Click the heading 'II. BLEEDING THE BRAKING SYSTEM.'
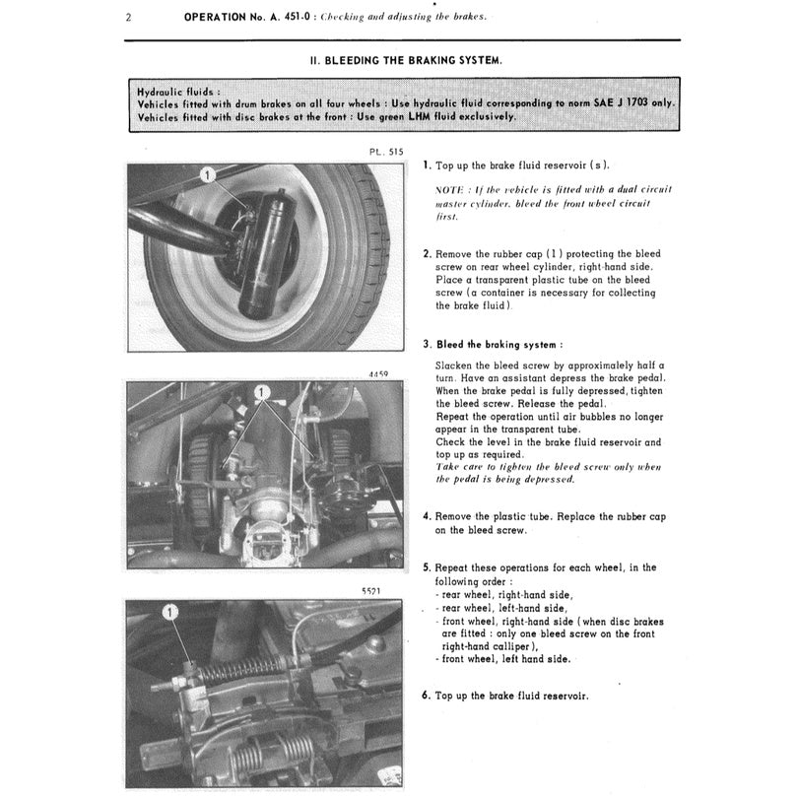click(406, 60)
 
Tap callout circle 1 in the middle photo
click(262, 392)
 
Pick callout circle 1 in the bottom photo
click(170, 613)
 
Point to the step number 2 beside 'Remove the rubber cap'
click(426, 253)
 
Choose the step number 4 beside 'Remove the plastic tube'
click(426, 516)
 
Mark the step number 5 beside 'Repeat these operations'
click(426, 568)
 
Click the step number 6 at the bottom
click(426, 696)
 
